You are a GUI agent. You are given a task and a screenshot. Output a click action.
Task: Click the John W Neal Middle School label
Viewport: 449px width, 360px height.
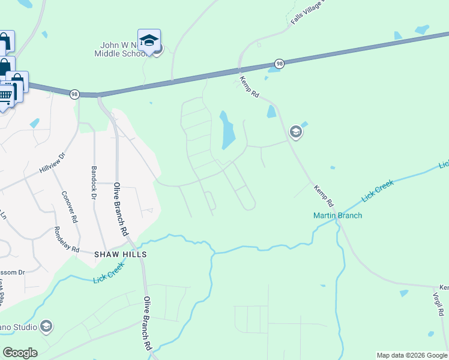pos(123,49)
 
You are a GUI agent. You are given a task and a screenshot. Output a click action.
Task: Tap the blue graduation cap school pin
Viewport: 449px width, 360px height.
pos(149,40)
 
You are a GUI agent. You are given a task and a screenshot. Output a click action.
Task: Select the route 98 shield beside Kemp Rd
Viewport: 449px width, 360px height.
pos(279,63)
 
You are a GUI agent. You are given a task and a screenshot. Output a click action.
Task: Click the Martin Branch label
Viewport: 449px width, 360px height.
pos(337,215)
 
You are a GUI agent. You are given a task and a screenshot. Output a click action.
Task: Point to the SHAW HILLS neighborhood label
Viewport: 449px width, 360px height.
pos(120,254)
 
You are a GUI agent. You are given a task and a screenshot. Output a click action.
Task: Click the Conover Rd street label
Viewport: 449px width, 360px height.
pos(70,207)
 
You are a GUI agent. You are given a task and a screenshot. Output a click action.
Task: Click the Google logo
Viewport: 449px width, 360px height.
pos(20,353)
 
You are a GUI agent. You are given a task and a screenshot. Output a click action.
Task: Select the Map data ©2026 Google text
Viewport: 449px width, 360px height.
pos(411,355)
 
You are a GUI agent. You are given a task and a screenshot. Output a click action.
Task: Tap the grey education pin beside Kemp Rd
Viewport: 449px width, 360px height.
pos(295,131)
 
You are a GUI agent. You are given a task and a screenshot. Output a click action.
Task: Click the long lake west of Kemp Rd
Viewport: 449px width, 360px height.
pos(228,131)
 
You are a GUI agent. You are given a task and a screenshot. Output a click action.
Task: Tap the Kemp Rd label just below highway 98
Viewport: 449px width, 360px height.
pos(249,86)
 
